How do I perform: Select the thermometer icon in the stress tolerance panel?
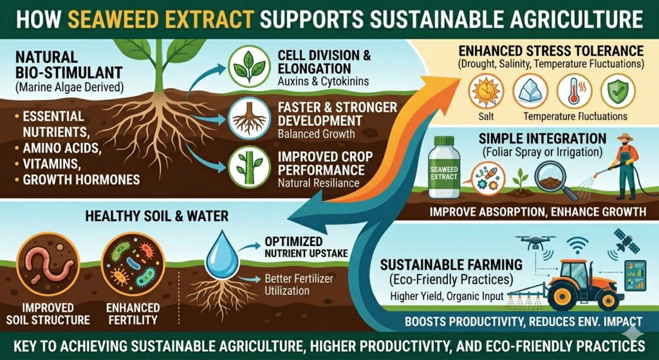click(574, 92)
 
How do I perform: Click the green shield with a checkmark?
click(618, 92)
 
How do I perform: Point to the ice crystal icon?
click(530, 92)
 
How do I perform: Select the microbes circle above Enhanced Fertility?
click(129, 265)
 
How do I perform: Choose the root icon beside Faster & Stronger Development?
click(248, 120)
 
